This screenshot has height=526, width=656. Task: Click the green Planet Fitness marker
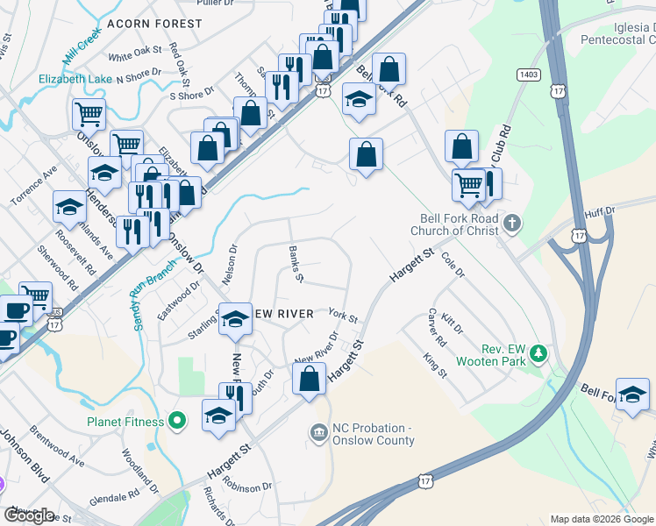[x=176, y=422]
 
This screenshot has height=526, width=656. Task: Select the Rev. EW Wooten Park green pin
[x=538, y=354]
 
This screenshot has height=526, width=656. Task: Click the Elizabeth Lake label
[x=75, y=79]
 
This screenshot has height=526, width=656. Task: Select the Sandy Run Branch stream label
[x=153, y=299]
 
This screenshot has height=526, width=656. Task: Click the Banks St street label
[x=296, y=264]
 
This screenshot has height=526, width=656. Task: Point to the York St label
[x=342, y=315]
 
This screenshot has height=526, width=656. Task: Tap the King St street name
[x=435, y=366]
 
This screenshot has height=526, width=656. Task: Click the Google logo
[x=29, y=515]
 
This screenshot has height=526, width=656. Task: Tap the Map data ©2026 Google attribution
[x=602, y=519]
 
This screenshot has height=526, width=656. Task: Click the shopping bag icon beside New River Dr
[x=309, y=380]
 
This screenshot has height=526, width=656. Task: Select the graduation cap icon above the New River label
[x=234, y=321]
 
